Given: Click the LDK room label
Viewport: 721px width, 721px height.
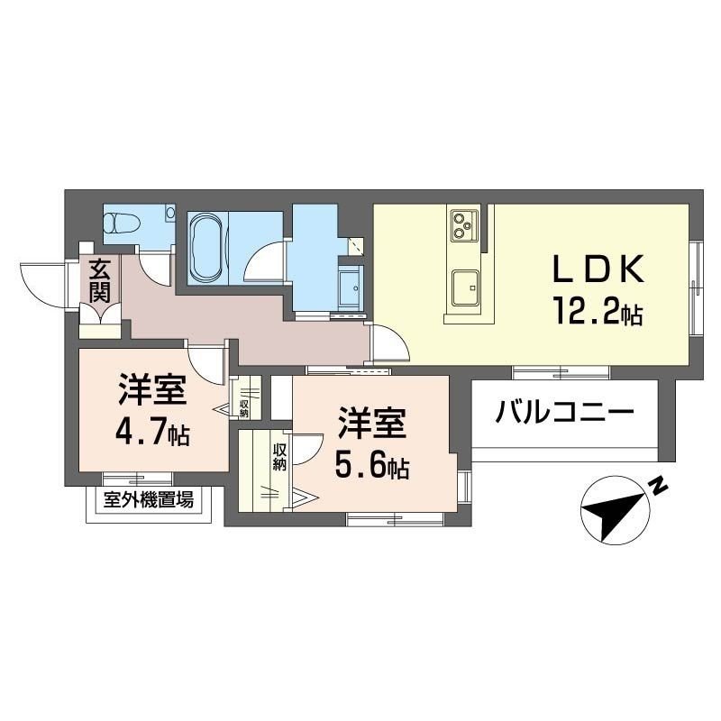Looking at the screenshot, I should tap(598, 269).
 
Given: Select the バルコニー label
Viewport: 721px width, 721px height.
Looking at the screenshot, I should tap(565, 414).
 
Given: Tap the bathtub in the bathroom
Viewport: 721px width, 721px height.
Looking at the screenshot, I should tap(207, 246).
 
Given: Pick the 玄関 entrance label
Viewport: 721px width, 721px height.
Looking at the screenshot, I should tap(99, 280).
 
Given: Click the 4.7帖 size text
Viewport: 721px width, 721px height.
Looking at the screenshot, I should tap(151, 434).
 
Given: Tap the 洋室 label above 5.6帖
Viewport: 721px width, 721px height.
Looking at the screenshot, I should tap(372, 423).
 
